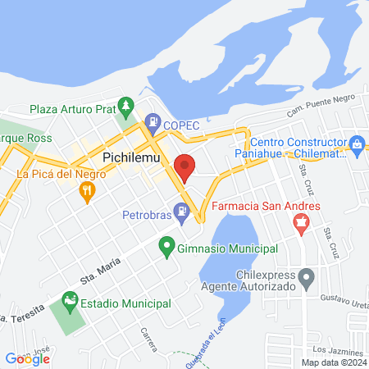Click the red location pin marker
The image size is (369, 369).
(184, 166)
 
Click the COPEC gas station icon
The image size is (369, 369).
(152, 124)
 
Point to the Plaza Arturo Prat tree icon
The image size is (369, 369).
(125, 107)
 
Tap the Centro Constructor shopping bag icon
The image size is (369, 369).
(357, 143)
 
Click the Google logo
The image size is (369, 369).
(27, 358)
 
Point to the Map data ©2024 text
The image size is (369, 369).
(332, 362)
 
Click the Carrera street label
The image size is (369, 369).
(148, 338)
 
